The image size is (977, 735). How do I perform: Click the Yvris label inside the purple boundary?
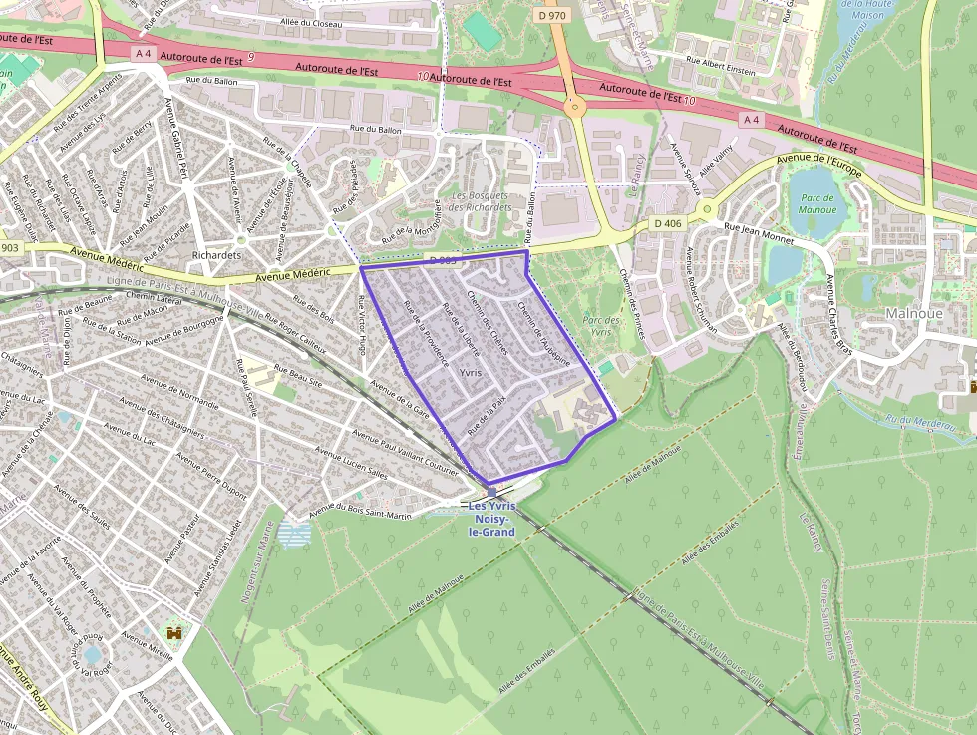pyautogui.click(x=471, y=372)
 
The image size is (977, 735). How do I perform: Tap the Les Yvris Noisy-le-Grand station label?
pyautogui.click(x=491, y=520)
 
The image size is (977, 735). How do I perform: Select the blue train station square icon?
pyautogui.click(x=491, y=492)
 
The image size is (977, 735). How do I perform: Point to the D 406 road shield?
pyautogui.click(x=668, y=223)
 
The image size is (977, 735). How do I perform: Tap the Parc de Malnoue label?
pyautogui.click(x=817, y=204)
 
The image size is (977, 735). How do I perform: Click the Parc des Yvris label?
pyautogui.click(x=601, y=326)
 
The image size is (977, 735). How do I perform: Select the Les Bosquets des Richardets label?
pyautogui.click(x=483, y=201)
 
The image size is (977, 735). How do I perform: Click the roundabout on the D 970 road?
pyautogui.click(x=574, y=106)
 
